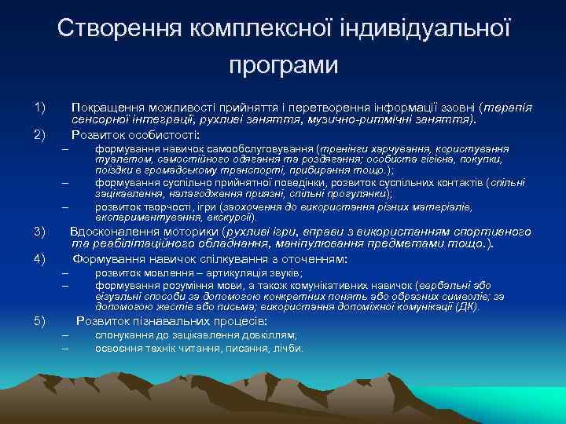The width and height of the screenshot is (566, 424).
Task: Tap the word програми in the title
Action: (x=283, y=64)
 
